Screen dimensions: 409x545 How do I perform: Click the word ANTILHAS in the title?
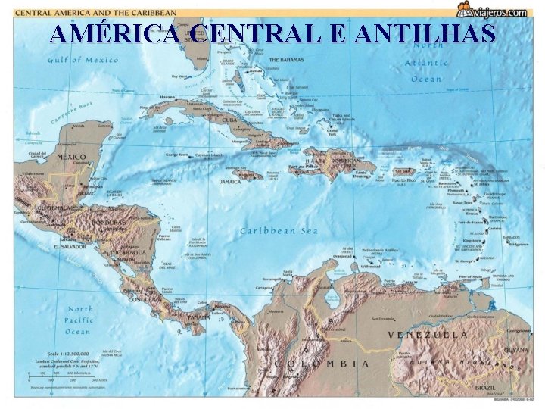pyautogui.click(x=424, y=34)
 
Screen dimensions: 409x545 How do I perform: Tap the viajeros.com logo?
pyautogui.click(x=493, y=10)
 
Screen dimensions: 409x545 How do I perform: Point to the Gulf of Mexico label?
pyautogui.click(x=83, y=60)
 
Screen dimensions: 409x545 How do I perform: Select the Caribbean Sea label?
pyautogui.click(x=279, y=230)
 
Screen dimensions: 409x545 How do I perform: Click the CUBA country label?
pyautogui.click(x=229, y=120)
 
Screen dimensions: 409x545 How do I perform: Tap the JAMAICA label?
pyautogui.click(x=230, y=182)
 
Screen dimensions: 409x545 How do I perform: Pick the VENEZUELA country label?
pyautogui.click(x=428, y=334)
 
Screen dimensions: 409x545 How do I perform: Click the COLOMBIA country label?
pyautogui.click(x=322, y=364)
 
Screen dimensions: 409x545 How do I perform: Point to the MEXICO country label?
pyautogui.click(x=71, y=158)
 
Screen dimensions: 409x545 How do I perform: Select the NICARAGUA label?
pyautogui.click(x=129, y=251)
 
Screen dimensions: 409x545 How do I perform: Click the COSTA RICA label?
pyautogui.click(x=145, y=298)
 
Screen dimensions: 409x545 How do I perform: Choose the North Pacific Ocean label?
pyautogui.click(x=79, y=320)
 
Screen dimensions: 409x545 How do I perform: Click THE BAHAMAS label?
pyautogui.click(x=286, y=59)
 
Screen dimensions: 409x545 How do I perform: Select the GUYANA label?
pyautogui.click(x=517, y=350)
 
